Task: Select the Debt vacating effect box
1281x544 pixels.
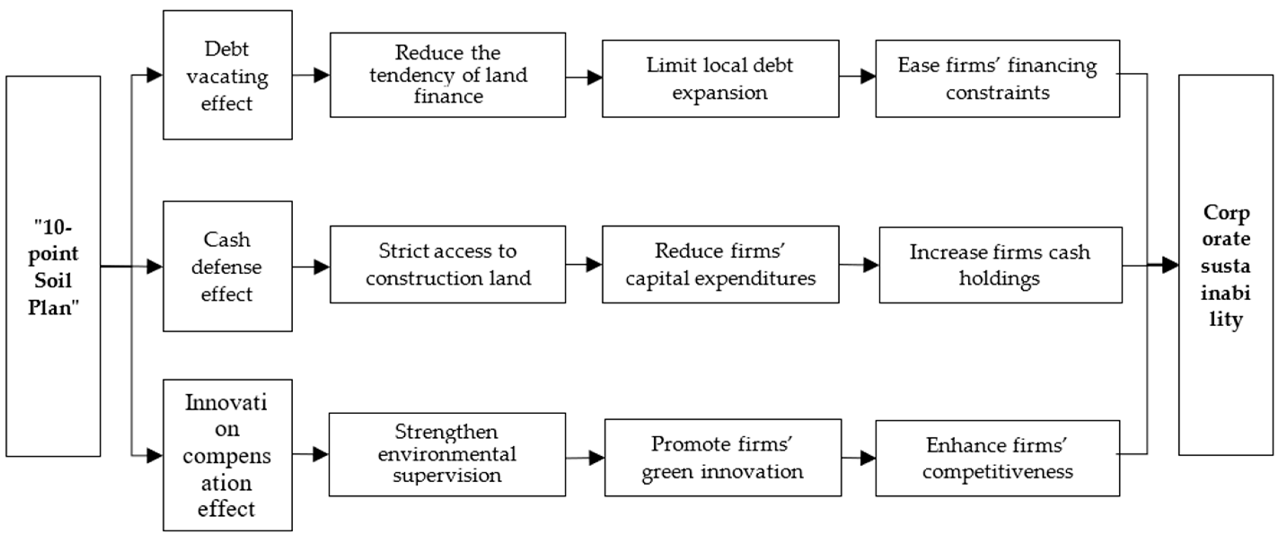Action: tap(227, 75)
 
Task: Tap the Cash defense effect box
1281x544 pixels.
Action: tap(227, 266)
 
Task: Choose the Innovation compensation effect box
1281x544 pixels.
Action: tap(227, 455)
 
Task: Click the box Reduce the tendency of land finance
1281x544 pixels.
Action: tap(448, 75)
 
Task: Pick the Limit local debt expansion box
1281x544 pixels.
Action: tap(720, 79)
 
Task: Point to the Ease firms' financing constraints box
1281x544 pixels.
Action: tap(997, 79)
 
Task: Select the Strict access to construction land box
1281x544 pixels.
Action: tap(448, 264)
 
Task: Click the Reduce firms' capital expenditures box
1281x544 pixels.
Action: tap(720, 264)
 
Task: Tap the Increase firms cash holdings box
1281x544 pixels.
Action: tap(1000, 265)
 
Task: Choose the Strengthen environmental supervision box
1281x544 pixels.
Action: tap(447, 454)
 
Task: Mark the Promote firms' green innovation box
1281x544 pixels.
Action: tap(723, 457)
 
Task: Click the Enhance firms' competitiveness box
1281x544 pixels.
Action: tap(997, 458)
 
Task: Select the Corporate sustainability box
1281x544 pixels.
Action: tap(1225, 265)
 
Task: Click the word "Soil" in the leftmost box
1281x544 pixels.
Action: tap(53, 280)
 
